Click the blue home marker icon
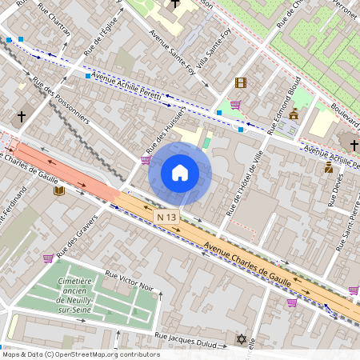tap(180, 173)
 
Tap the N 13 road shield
tap(166, 217)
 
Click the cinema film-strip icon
tap(241, 82)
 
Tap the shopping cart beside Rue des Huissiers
tap(146, 159)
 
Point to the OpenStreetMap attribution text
tap(80, 354)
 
